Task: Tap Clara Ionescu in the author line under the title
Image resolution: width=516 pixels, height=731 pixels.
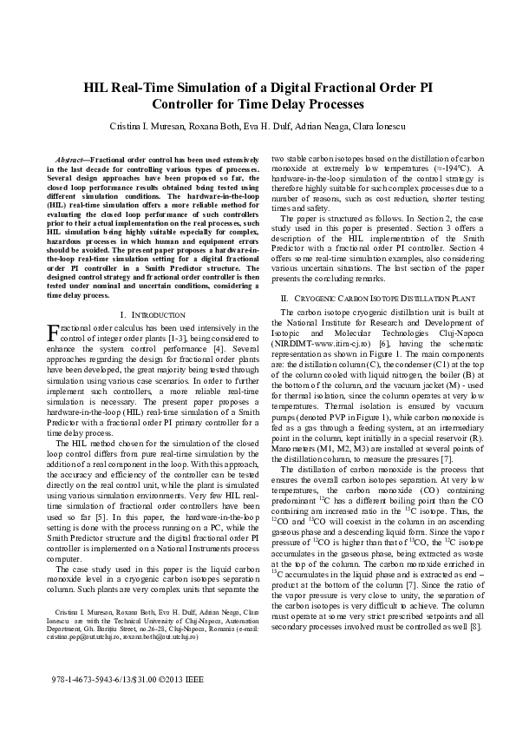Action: click(382, 128)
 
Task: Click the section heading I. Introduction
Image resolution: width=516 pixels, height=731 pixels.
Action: click(152, 313)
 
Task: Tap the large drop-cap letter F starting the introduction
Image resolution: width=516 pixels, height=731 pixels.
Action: click(51, 333)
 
